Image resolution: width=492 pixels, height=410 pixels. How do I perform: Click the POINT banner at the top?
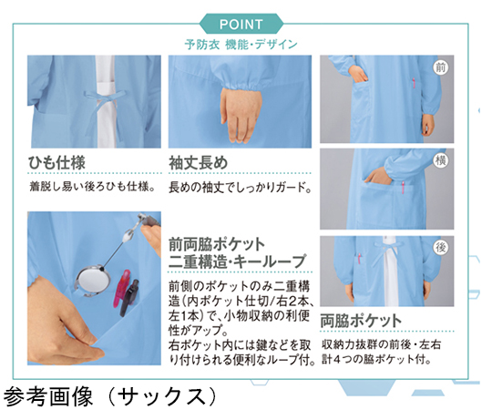(241, 24)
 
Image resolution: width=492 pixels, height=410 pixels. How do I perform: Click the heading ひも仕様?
(56, 163)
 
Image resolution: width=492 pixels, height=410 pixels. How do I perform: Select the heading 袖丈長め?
(199, 163)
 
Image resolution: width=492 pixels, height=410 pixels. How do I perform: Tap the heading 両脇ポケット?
(361, 321)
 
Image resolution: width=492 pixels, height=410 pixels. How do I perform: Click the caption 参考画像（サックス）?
(110, 396)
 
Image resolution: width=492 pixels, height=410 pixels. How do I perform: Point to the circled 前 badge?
(441, 67)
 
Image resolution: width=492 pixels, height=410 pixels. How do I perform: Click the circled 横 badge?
(441, 160)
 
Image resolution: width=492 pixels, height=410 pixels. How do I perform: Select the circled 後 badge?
(441, 248)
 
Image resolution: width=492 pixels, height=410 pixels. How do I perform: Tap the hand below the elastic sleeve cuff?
(241, 115)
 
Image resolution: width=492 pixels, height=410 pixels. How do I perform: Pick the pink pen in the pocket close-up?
(121, 287)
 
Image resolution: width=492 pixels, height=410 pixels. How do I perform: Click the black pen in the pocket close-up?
(129, 298)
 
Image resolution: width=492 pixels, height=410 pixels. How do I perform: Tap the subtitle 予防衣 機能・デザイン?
(241, 45)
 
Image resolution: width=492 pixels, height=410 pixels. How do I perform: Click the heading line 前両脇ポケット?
(217, 244)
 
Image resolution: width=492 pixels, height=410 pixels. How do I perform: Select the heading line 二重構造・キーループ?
(237, 261)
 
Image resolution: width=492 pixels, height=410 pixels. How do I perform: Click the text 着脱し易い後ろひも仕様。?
(93, 187)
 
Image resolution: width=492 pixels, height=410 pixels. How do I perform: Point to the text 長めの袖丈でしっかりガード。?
(241, 188)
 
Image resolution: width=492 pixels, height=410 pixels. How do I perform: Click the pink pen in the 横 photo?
(404, 188)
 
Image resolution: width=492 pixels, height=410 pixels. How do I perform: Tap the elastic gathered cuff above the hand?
(241, 83)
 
